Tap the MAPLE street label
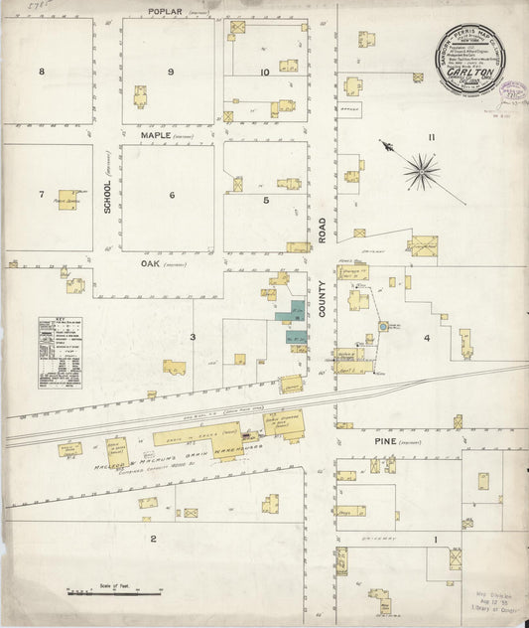pyautogui.click(x=156, y=135)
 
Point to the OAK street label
pyautogui.click(x=151, y=264)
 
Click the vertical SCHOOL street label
pyautogui.click(x=107, y=194)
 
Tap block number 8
pyautogui.click(x=42, y=72)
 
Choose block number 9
pyautogui.click(x=171, y=72)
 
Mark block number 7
pyautogui.click(x=41, y=195)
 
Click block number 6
pyautogui.click(x=172, y=196)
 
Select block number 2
pyautogui.click(x=154, y=540)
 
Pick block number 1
pyautogui.click(x=436, y=540)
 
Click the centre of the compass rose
pyautogui.click(x=422, y=171)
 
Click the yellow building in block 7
pyautogui.click(x=67, y=200)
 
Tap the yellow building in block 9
pyautogui.click(x=141, y=95)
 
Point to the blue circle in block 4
pyautogui.click(x=383, y=326)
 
